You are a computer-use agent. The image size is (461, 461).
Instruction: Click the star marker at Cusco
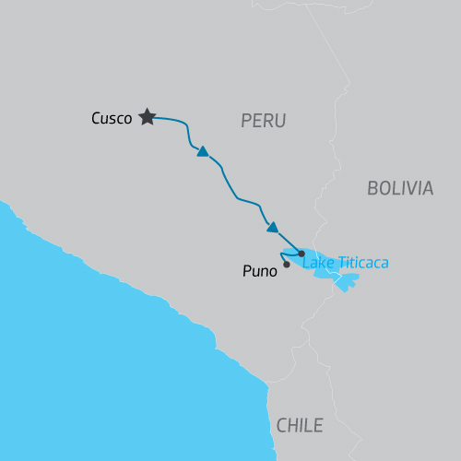tap(147, 117)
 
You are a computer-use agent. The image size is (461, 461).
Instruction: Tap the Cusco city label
tap(112, 118)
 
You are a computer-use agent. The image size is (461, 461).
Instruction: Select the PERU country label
tap(263, 121)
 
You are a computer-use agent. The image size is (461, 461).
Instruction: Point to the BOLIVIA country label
tap(399, 188)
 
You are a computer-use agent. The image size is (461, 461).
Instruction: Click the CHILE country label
tap(300, 425)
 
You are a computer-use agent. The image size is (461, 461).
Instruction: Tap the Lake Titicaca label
tap(346, 263)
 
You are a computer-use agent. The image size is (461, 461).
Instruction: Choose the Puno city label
tap(259, 272)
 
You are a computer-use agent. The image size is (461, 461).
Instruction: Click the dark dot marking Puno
tap(286, 265)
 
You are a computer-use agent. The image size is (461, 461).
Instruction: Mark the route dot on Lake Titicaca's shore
tap(301, 252)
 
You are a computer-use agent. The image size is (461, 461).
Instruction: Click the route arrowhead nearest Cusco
tap(203, 151)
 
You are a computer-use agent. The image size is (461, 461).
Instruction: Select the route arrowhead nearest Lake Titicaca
tap(272, 227)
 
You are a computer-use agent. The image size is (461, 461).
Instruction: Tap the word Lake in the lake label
tap(317, 263)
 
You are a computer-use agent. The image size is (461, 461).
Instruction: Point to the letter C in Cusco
tap(96, 118)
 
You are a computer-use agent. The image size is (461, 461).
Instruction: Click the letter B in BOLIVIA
tap(372, 188)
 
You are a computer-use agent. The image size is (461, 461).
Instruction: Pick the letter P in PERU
tap(245, 121)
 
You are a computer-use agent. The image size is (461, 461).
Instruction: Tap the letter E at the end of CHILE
tap(318, 425)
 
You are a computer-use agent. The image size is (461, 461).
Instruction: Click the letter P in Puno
tap(245, 272)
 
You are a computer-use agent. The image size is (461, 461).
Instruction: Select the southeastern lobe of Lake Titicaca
tap(345, 281)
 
